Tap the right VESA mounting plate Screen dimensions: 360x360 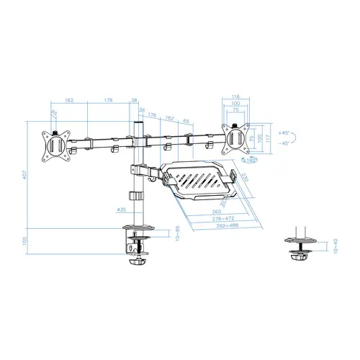(235, 137)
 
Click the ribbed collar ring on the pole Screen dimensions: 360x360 (134, 195)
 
